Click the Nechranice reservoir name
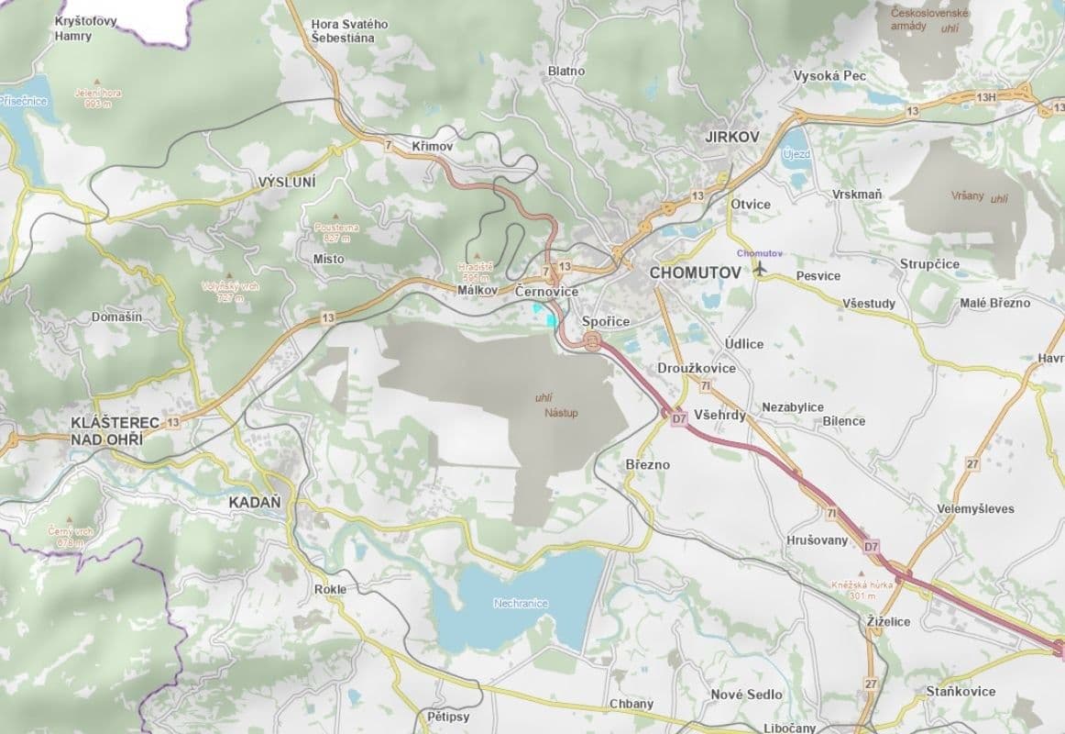coord(521,603)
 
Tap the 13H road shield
coord(986,97)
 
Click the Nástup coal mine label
coord(560,413)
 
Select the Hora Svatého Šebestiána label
coord(349,30)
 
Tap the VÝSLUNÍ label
coord(287,183)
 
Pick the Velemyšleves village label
coord(975,508)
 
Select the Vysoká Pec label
coord(829,75)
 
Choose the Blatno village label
coord(565,71)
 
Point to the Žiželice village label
coord(888,621)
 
